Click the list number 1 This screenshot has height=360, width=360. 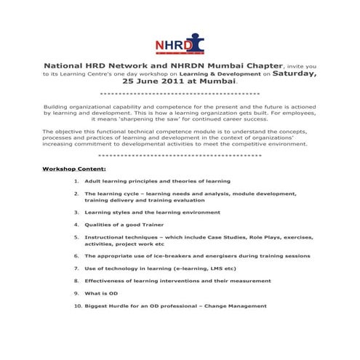point(76,180)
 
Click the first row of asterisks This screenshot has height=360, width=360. point(180,95)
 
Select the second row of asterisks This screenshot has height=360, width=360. point(180,156)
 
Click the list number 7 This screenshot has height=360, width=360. point(76,268)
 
